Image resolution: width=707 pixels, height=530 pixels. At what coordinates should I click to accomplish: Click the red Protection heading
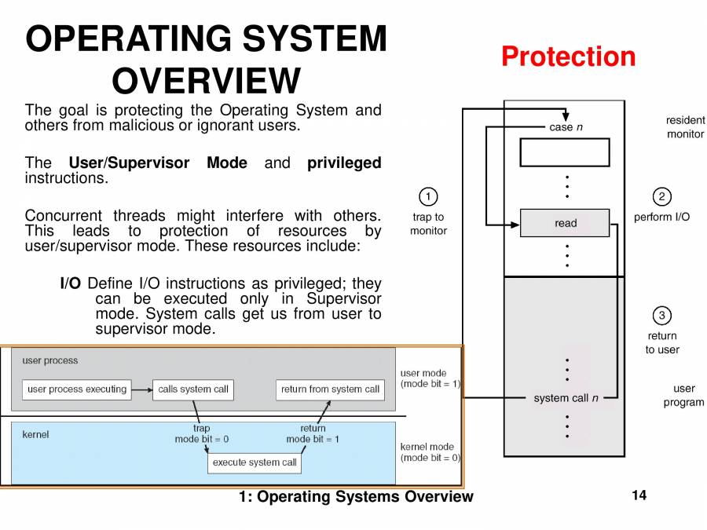click(x=568, y=57)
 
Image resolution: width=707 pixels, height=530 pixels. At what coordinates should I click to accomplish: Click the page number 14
click(x=638, y=495)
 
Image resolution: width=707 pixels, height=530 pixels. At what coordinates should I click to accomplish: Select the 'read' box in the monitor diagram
click(x=565, y=223)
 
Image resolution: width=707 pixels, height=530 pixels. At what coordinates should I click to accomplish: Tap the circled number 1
click(x=427, y=196)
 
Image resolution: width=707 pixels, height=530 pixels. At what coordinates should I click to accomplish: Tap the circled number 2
click(x=661, y=196)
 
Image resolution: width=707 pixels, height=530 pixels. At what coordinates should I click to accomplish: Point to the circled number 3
click(x=661, y=316)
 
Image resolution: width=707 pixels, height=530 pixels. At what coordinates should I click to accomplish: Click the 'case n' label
click(x=566, y=127)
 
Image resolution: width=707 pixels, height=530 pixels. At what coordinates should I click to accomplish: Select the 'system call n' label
click(x=566, y=398)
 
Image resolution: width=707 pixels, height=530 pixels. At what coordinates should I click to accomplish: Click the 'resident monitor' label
click(x=685, y=127)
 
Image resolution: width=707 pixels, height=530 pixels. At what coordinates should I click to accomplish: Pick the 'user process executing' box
click(x=76, y=389)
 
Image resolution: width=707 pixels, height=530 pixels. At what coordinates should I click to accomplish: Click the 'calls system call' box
click(x=192, y=389)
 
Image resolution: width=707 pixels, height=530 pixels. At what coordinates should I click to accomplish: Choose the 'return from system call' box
click(x=330, y=389)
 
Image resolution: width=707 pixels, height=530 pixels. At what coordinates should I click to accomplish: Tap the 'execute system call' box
click(x=255, y=462)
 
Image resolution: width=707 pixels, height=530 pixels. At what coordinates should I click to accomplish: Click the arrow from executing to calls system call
click(x=141, y=389)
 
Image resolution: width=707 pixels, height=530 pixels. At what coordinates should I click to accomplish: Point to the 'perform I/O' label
click(x=661, y=217)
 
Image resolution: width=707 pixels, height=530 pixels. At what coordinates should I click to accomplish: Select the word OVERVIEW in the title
click(x=206, y=81)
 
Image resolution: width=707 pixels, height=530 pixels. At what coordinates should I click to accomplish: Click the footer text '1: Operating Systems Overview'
click(x=356, y=496)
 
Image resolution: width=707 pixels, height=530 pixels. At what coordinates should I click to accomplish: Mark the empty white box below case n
click(x=565, y=152)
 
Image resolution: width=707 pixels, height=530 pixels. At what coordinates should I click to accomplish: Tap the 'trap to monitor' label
click(x=428, y=224)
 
